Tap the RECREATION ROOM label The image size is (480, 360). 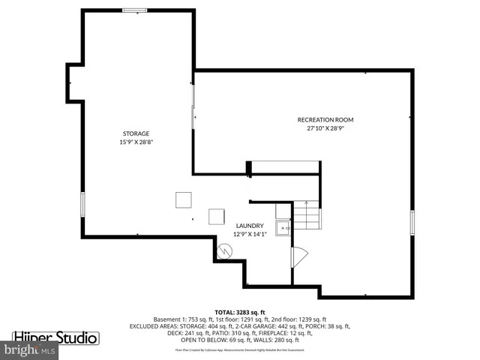[x=325, y=120]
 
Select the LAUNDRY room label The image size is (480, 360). [x=250, y=226]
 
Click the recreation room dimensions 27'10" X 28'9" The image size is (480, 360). [x=325, y=128]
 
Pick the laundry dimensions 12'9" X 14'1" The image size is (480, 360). [x=250, y=234]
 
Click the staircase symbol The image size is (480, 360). [x=306, y=217]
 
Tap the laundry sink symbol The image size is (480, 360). [x=283, y=227]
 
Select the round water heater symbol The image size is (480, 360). [x=223, y=252]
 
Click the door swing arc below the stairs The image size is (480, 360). [x=298, y=256]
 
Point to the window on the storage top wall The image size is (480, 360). [x=135, y=10]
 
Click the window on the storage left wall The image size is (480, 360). [x=82, y=204]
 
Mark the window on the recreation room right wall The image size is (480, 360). [x=412, y=221]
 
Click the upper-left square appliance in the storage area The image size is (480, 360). [x=183, y=199]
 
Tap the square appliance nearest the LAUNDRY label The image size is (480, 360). [x=216, y=215]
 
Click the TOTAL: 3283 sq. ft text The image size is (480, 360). [x=240, y=312]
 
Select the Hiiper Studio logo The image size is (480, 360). [x=55, y=337]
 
